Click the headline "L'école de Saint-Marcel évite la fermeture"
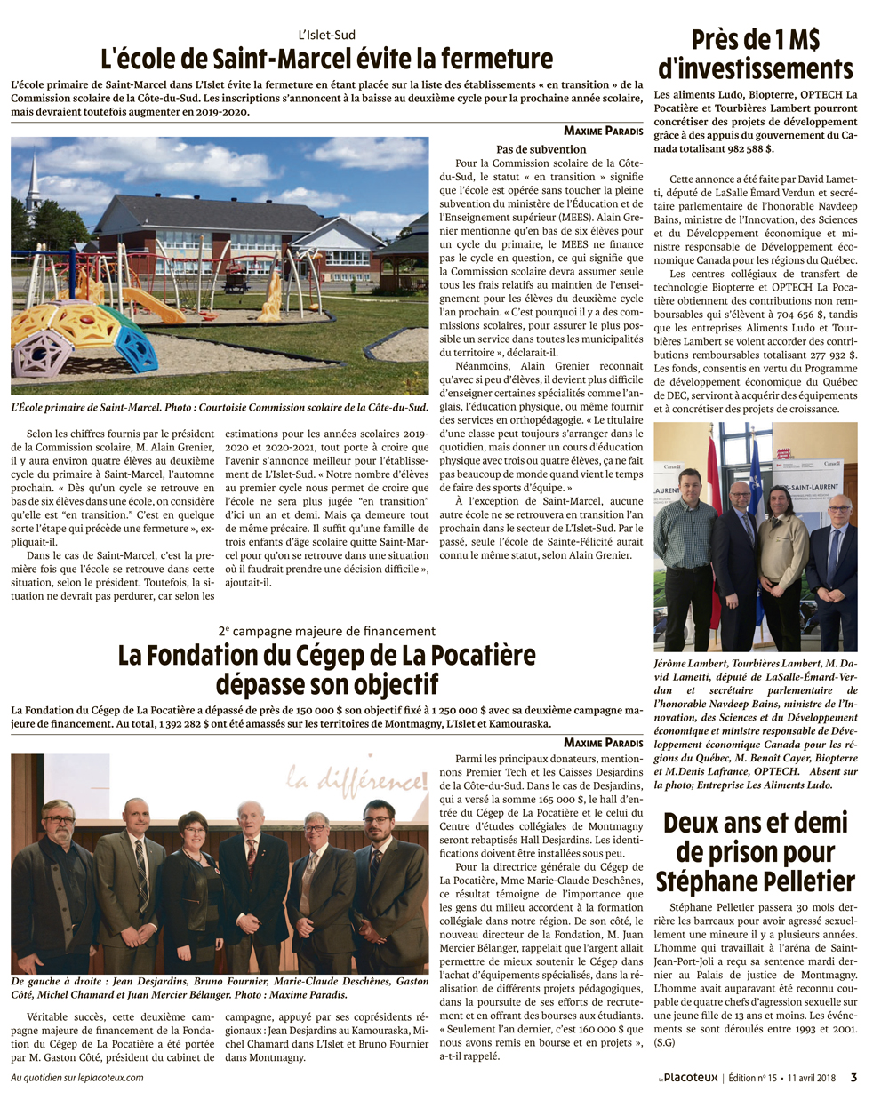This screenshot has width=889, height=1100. (x=326, y=60)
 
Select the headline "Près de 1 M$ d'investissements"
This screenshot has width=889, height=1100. (x=755, y=54)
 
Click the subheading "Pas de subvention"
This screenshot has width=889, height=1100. (x=541, y=149)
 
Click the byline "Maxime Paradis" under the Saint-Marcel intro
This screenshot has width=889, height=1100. (x=603, y=131)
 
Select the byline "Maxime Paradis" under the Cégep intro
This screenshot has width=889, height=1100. (x=603, y=743)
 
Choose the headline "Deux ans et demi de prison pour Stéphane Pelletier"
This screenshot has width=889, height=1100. (x=755, y=851)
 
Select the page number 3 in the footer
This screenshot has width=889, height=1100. (x=853, y=1078)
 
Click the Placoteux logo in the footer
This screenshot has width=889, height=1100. (x=688, y=1078)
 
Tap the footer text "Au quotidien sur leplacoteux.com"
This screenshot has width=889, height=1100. (x=76, y=1078)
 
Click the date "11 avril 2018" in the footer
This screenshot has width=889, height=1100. (x=809, y=1078)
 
